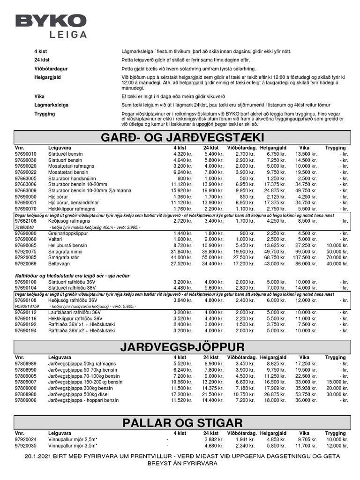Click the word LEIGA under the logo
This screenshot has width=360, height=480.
pyautogui.click(x=68, y=34)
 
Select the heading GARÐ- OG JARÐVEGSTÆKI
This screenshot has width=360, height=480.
pyautogui.click(x=183, y=137)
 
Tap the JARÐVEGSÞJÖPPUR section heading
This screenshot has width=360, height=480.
pyautogui.click(x=183, y=347)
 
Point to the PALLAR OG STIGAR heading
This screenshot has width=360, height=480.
pyautogui.click(x=183, y=422)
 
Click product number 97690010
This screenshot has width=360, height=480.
pyautogui.click(x=25, y=154)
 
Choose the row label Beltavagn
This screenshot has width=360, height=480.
pyautogui.click(x=60, y=263)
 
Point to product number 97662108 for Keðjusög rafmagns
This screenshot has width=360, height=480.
pyautogui.click(x=25, y=220)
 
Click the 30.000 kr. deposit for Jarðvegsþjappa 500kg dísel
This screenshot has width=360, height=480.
pyautogui.click(x=337, y=395)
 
